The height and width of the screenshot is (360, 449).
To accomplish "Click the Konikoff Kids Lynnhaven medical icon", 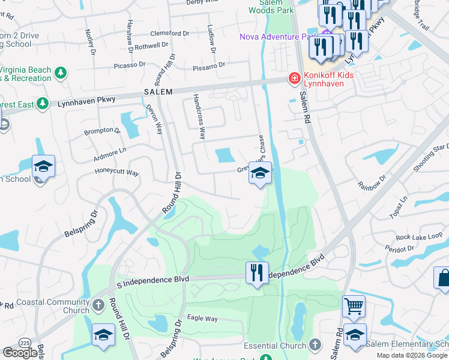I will pyautogui.click(x=294, y=78).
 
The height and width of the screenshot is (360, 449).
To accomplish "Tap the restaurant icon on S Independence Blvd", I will pyautogui.click(x=257, y=272).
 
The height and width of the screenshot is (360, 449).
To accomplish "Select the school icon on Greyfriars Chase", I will pyautogui.click(x=260, y=173).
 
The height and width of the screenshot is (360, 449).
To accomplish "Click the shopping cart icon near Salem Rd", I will pyautogui.click(x=354, y=306).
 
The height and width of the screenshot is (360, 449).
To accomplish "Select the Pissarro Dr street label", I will pyautogui.click(x=209, y=65).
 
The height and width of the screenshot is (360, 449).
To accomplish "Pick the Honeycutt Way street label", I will pyautogui.click(x=116, y=173).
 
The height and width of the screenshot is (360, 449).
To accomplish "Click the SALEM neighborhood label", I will pyautogui.click(x=158, y=92).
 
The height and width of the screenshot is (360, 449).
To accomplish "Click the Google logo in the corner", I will pyautogui.click(x=20, y=353).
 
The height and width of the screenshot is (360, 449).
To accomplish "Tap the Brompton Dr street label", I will pyautogui.click(x=98, y=130).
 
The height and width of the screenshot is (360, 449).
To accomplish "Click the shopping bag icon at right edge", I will pyautogui.click(x=442, y=277).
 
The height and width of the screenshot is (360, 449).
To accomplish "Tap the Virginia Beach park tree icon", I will pyautogui.click(x=60, y=73).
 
